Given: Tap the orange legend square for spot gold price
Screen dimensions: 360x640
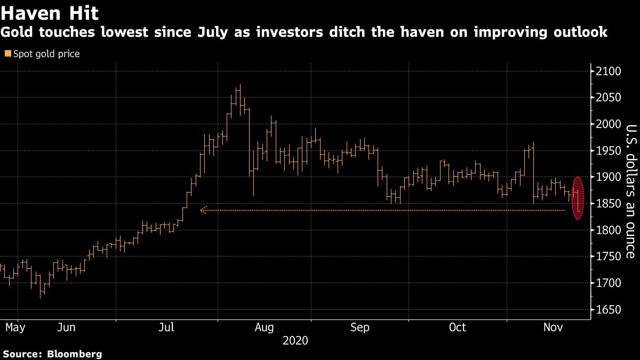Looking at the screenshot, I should pyautogui.click(x=7, y=54).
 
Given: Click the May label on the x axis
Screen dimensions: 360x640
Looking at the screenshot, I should pyautogui.click(x=15, y=327).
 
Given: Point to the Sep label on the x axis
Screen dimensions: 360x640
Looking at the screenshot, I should pyautogui.click(x=360, y=327).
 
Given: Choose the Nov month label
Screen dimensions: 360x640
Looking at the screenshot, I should pyautogui.click(x=554, y=327).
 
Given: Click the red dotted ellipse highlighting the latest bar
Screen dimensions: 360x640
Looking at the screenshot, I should pyautogui.click(x=578, y=197).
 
